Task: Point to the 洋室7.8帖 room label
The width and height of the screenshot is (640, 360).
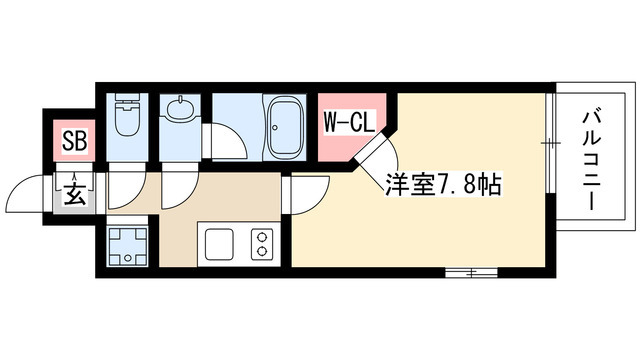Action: pyautogui.click(x=444, y=186)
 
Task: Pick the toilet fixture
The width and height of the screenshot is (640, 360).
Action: pyautogui.click(x=127, y=117)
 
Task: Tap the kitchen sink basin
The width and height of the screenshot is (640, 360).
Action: pyautogui.click(x=219, y=244)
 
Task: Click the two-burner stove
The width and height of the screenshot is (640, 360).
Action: pyautogui.click(x=262, y=244)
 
